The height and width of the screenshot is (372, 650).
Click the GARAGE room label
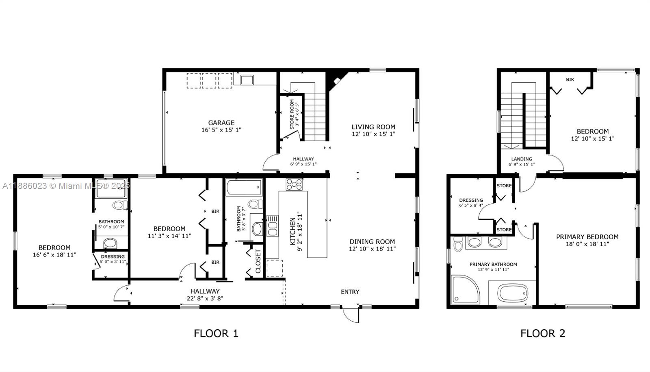[221, 123]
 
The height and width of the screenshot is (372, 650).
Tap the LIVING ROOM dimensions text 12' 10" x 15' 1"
[373, 134]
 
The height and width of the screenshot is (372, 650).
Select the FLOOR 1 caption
[216, 333]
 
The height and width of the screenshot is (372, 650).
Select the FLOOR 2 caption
[543, 333]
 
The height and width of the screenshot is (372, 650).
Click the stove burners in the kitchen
[294, 184]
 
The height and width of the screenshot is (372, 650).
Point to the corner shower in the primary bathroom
[465, 289]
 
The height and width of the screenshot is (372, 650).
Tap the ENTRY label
[350, 292]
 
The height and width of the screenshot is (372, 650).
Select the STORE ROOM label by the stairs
[292, 114]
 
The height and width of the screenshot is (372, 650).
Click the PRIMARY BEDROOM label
[587, 237]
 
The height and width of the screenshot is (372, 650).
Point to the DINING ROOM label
[372, 241]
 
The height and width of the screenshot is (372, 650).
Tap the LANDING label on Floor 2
[522, 159]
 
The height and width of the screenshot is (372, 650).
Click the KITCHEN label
[292, 231]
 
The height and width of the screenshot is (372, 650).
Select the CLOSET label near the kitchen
[258, 261]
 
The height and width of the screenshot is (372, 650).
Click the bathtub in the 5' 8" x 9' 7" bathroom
[244, 188]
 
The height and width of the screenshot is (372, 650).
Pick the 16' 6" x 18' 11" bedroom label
[54, 247]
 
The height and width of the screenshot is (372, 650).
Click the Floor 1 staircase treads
[315, 118]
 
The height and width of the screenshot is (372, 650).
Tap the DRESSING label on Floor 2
[471, 200]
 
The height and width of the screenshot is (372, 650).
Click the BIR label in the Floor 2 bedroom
[570, 80]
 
